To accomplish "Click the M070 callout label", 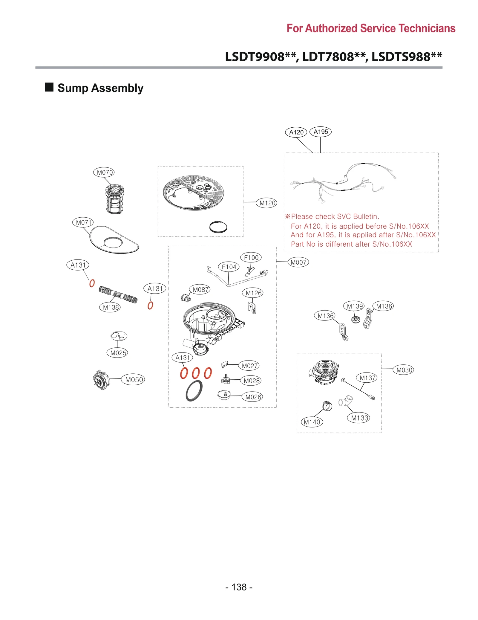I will click(x=104, y=172).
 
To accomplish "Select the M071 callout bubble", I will click(x=83, y=222).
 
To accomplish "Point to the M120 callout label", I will click(x=267, y=203).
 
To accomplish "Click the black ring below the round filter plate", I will click(x=218, y=227).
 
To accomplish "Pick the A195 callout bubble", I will click(x=321, y=132).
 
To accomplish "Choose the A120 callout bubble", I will click(x=296, y=132).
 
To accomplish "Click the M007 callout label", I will click(x=298, y=262).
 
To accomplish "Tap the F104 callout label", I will click(x=229, y=267).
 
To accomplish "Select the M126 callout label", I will click(x=253, y=293).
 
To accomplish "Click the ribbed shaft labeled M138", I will click(x=118, y=295).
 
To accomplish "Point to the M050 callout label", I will click(x=133, y=380).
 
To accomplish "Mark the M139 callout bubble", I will click(x=354, y=306).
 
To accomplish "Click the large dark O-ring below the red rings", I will click(x=194, y=391).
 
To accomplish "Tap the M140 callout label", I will click(x=312, y=422).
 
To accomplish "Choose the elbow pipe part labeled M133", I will click(x=345, y=401).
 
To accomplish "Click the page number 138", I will click(x=239, y=587).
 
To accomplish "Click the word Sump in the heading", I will click(x=73, y=88).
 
